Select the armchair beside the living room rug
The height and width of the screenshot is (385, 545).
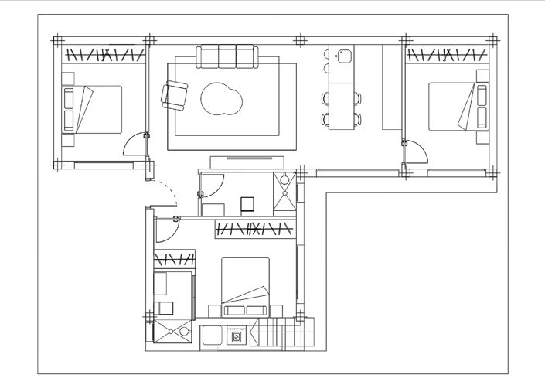click(175, 97)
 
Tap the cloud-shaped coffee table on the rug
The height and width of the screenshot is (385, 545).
click(222, 100)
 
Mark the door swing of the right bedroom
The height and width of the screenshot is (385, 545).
click(416, 150)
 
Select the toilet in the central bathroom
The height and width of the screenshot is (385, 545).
click(248, 204)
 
